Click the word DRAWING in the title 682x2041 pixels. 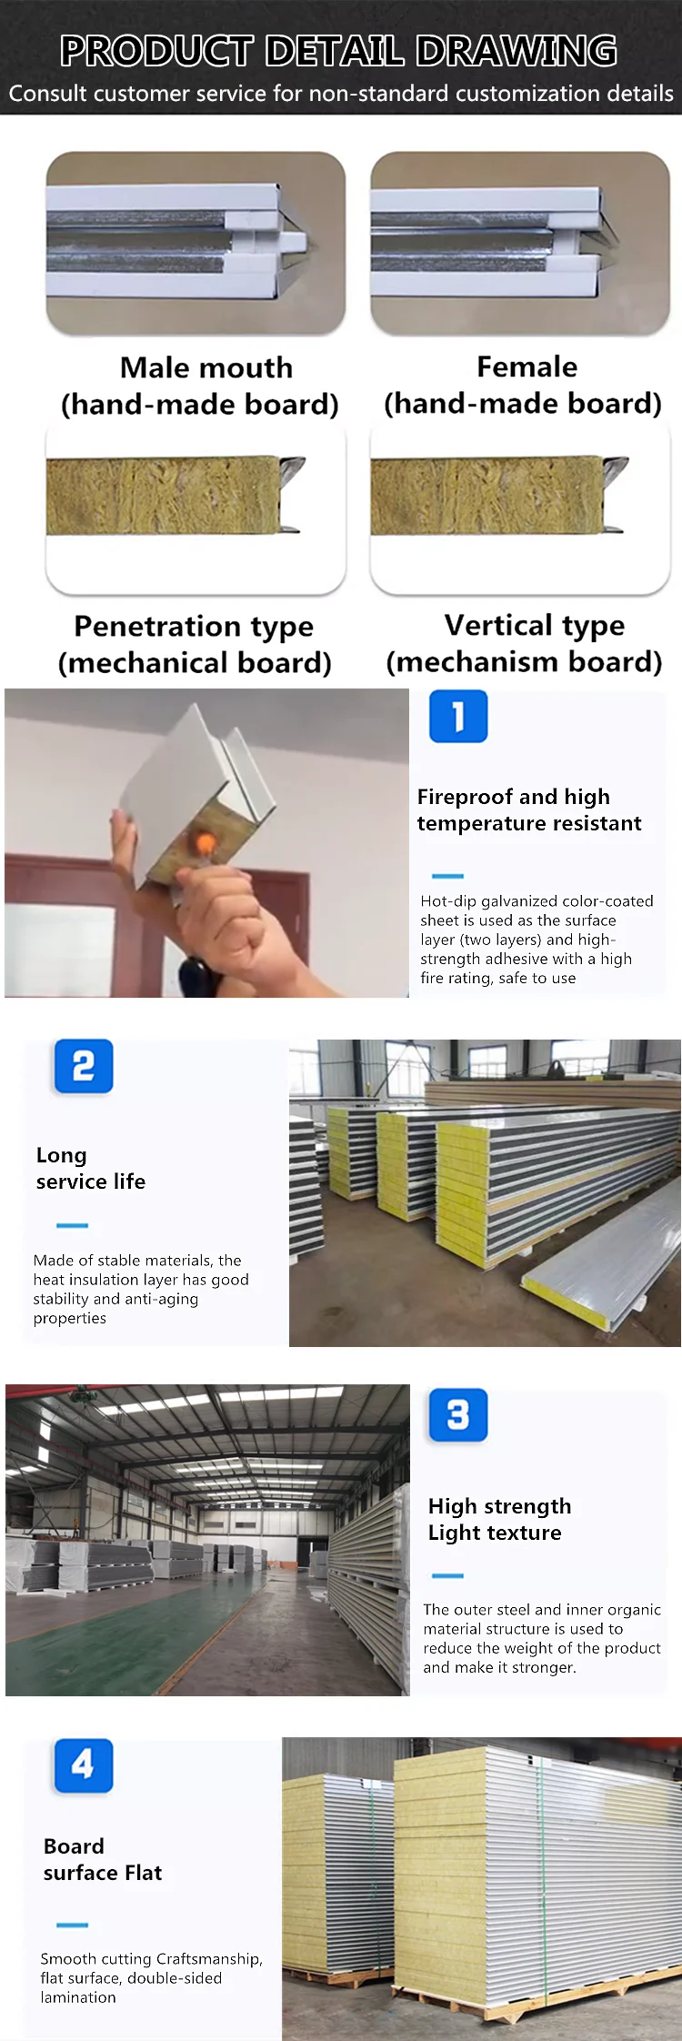click(x=517, y=51)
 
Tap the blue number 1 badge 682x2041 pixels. click(x=458, y=717)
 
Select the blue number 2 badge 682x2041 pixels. click(x=84, y=1066)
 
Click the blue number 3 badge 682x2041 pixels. click(x=458, y=1415)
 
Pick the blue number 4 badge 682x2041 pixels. click(x=83, y=1765)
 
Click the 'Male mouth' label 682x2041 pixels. click(x=206, y=367)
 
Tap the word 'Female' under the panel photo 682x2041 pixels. click(x=527, y=367)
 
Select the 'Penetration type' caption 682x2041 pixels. click(x=194, y=626)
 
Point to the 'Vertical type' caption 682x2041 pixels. click(x=534, y=625)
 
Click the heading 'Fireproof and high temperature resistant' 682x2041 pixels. click(x=528, y=809)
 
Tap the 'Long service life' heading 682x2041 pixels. click(x=90, y=1168)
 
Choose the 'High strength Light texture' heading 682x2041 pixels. click(x=499, y=1519)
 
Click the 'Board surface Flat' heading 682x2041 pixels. click(x=102, y=1859)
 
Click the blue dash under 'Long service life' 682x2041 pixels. click(x=72, y=1225)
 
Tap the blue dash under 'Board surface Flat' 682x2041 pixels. click(x=72, y=1925)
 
